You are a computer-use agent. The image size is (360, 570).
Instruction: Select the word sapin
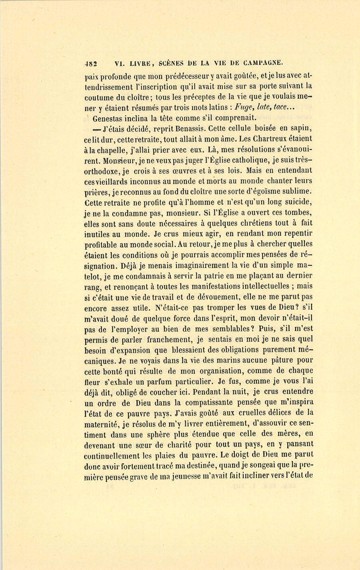303,128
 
